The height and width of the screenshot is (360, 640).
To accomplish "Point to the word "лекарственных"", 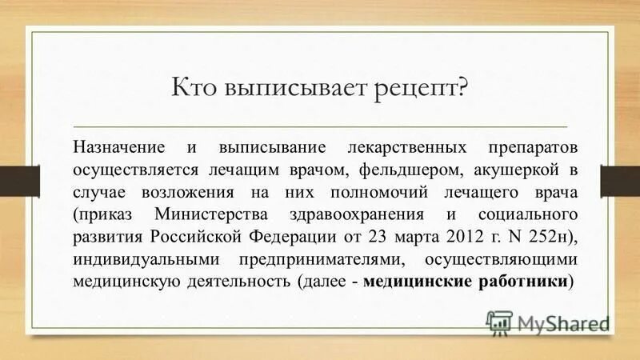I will [387, 149].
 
